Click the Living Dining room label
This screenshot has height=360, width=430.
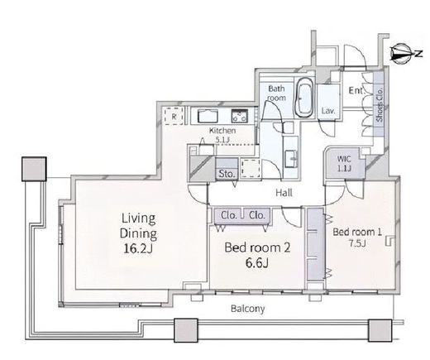(x=138, y=226)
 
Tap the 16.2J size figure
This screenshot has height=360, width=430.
(x=138, y=248)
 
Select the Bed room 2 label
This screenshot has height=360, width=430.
(x=257, y=247)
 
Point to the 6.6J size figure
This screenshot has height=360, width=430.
(x=256, y=263)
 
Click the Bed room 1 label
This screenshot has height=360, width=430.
(x=357, y=232)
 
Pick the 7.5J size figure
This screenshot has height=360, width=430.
(x=357, y=243)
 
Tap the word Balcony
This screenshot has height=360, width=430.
(x=247, y=309)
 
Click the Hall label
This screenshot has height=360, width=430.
(x=284, y=193)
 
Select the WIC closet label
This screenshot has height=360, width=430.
(x=344, y=159)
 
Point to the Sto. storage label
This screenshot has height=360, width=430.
(x=227, y=174)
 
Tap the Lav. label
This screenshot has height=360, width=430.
(x=328, y=111)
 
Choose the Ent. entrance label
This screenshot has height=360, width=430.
(x=357, y=90)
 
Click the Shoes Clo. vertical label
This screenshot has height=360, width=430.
(x=380, y=105)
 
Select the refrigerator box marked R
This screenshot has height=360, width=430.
(x=174, y=117)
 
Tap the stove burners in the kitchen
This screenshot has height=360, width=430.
(x=240, y=116)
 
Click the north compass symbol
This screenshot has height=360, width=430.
(x=401, y=54)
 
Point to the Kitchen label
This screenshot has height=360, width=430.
(x=222, y=131)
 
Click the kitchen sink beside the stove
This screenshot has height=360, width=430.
(x=208, y=116)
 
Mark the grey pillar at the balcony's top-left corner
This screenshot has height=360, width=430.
(x=34, y=169)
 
